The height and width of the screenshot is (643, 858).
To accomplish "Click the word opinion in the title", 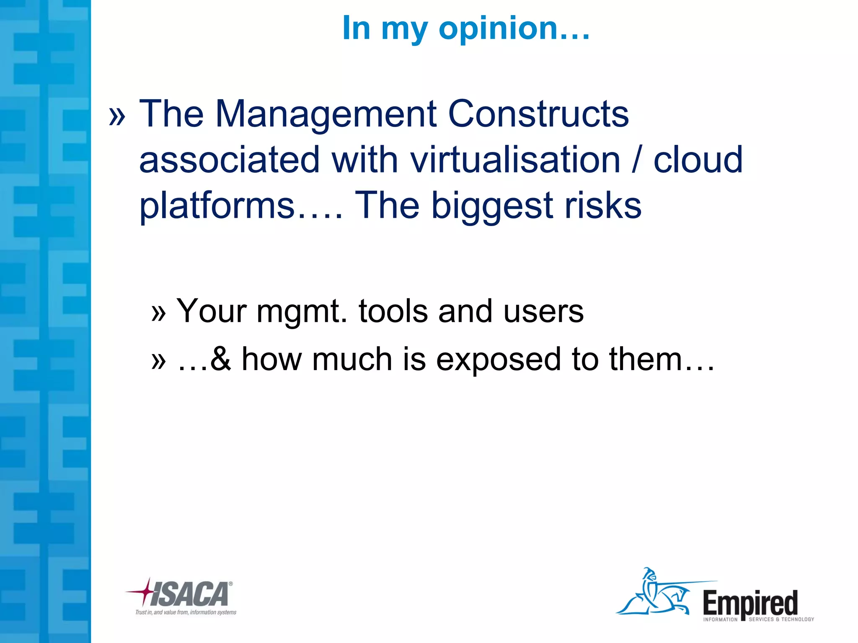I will pos(514,28).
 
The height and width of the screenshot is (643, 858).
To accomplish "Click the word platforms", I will pos(217,206).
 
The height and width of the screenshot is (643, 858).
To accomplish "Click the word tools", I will pos(393,311).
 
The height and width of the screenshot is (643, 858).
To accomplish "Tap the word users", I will pos(543,312).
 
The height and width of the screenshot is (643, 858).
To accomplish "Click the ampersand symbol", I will pos(221,359).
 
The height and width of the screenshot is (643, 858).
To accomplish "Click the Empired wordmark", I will pos(750,604).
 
